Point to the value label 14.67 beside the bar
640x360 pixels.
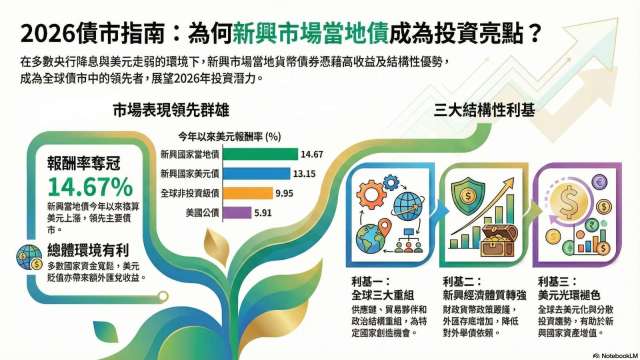[x=311, y=154]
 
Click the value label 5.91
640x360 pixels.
[x=262, y=211]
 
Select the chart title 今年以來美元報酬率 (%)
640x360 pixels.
[x=228, y=135]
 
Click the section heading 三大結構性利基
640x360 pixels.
[x=475, y=110]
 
